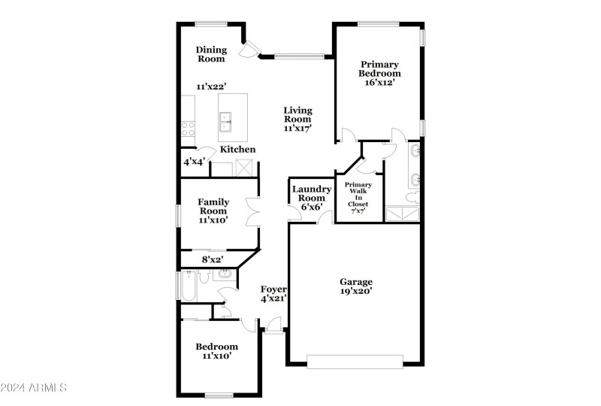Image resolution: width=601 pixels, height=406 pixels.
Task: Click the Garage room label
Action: (x=356, y=282)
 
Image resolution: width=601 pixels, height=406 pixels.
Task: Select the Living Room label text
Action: (x=297, y=114)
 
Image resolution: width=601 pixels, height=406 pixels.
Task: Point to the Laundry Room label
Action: (x=312, y=194)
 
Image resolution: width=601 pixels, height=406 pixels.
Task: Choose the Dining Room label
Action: (x=211, y=54)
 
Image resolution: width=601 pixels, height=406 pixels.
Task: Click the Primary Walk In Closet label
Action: (x=358, y=198)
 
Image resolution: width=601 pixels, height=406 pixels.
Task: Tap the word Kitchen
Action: (x=237, y=149)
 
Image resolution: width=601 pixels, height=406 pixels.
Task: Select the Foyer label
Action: (x=273, y=289)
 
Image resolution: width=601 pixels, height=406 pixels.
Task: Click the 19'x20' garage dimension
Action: (x=356, y=290)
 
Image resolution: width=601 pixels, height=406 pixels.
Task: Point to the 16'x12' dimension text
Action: (x=379, y=82)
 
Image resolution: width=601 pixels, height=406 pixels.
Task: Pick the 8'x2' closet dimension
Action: (x=213, y=260)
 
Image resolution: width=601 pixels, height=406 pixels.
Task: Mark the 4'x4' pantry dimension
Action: (x=194, y=161)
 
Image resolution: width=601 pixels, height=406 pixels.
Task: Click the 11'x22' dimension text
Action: (x=212, y=86)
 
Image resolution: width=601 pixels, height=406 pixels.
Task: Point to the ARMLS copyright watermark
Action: (x=34, y=388)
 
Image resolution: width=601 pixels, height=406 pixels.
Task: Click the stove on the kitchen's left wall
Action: (x=188, y=128)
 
